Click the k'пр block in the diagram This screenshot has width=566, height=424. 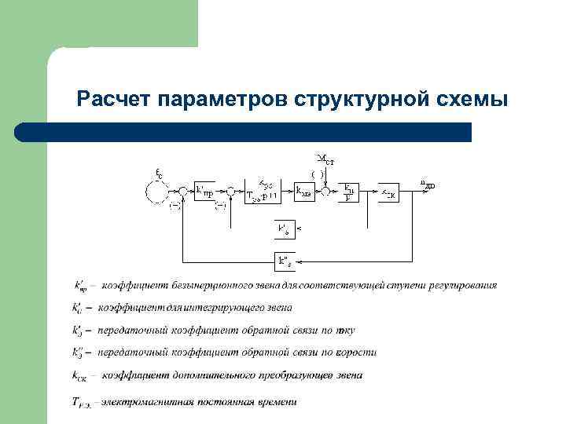(204, 190)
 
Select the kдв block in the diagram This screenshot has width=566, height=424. (305, 191)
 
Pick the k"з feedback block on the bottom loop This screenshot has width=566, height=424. (284, 260)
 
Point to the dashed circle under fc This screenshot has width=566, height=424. (157, 191)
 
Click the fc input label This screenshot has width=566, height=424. (159, 174)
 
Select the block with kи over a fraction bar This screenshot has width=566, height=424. (348, 191)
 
